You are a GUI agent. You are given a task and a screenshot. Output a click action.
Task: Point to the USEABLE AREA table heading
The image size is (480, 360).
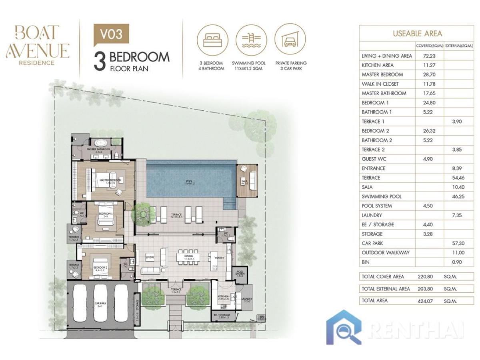[417, 34]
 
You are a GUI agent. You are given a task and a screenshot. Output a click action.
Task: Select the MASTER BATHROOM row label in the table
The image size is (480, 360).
[384, 93]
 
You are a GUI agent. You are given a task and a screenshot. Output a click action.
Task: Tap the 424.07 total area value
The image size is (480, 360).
[426, 300]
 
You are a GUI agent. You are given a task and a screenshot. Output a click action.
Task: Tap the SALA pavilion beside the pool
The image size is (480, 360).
[248, 180]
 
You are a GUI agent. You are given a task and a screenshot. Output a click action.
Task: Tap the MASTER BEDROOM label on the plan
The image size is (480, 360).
[110, 181]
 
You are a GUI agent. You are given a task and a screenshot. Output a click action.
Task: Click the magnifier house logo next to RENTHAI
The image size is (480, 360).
[344, 326]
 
